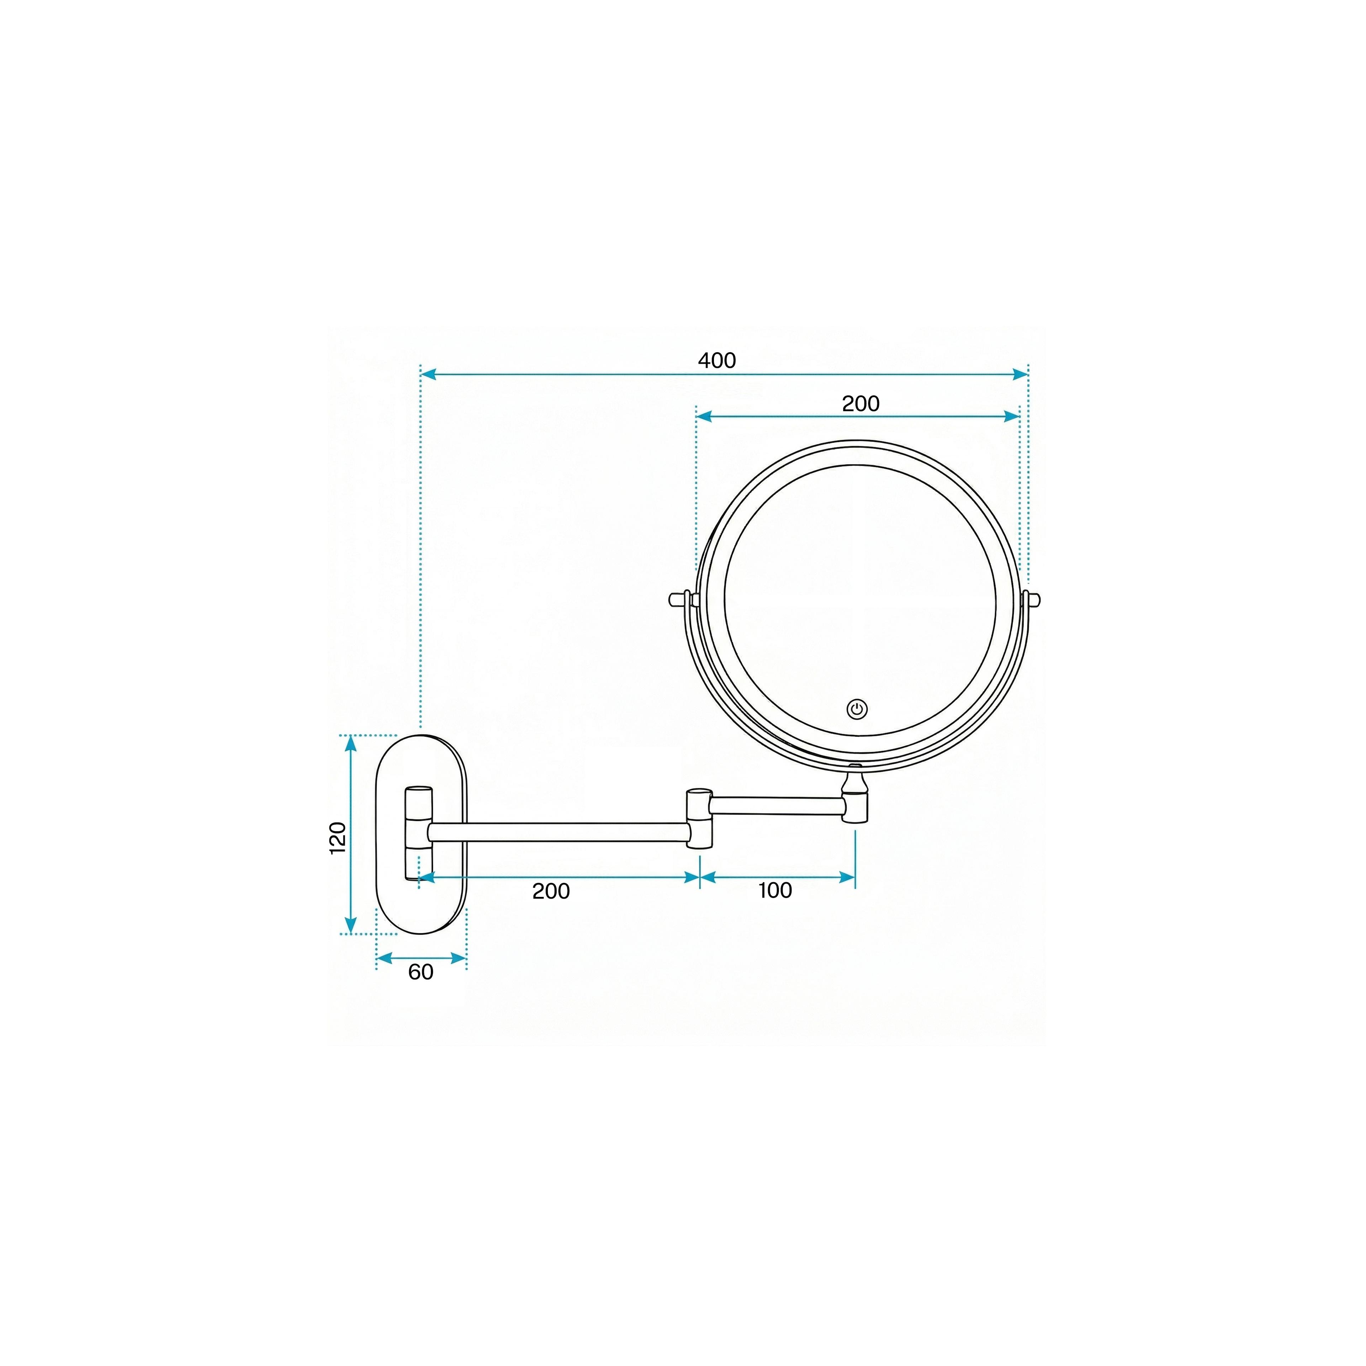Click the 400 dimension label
tap(717, 361)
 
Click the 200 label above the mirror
tap(861, 404)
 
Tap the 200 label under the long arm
tap(551, 891)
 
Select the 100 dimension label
tap(775, 890)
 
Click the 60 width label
tap(421, 972)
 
